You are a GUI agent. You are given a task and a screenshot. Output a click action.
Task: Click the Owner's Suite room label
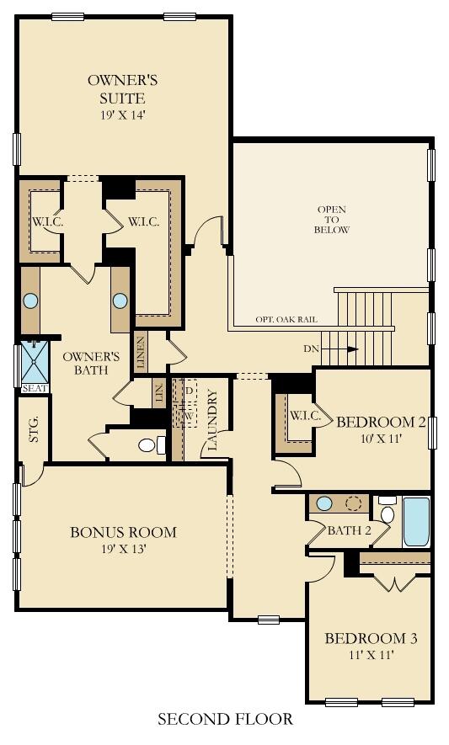[122, 89]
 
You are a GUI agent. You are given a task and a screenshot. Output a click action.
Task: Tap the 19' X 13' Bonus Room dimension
[123, 549]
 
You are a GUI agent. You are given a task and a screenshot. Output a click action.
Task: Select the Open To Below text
[332, 220]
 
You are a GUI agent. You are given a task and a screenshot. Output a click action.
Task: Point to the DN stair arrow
[340, 349]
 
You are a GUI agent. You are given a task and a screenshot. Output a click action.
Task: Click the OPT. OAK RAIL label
[286, 320]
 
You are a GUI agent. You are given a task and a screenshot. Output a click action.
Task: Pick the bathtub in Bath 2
[416, 522]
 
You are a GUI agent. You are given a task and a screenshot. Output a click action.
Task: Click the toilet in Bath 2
[388, 510]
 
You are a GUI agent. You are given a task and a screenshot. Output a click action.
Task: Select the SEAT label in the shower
[35, 388]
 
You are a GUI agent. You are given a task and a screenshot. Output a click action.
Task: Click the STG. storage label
[34, 429]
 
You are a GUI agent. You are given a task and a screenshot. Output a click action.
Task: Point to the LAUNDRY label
[212, 420]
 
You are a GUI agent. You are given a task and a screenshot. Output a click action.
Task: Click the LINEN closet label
[141, 353]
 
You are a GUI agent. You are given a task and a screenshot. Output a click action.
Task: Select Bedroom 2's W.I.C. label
[305, 416]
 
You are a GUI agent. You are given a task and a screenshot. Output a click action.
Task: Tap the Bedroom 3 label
[371, 638]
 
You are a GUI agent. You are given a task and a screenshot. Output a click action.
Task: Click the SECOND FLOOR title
[226, 719]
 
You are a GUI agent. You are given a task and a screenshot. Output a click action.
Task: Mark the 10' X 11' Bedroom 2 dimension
[382, 438]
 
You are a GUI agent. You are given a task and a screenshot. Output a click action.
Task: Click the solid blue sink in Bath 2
[324, 503]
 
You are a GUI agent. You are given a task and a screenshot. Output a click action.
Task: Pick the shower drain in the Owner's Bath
[35, 362]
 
